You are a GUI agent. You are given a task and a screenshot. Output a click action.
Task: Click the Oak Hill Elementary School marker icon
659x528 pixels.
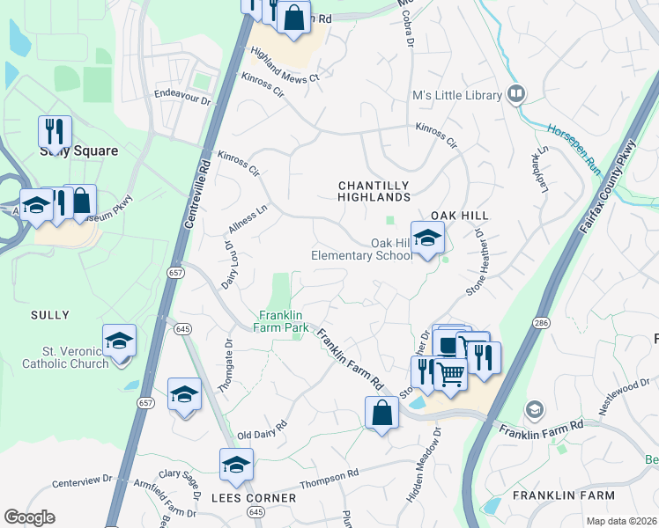point(427,238)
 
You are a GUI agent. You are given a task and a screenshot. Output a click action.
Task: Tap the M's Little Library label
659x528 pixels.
point(456,96)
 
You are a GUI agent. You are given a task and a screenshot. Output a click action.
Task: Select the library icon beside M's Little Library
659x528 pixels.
point(516,93)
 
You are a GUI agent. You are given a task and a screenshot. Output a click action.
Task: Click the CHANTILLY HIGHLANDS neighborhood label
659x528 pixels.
point(375,191)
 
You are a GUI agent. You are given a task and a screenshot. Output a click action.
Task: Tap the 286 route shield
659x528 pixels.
point(541,324)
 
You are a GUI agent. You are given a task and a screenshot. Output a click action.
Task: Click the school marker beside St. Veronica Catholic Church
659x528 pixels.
point(119,341)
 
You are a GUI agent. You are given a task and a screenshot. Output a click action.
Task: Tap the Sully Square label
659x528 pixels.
point(79,150)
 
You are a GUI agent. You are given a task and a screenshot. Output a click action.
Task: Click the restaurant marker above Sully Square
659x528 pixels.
point(55,131)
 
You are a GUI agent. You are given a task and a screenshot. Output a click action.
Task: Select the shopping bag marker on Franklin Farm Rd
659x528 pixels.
point(381,413)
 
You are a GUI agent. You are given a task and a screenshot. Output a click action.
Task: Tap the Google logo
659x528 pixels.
point(30,517)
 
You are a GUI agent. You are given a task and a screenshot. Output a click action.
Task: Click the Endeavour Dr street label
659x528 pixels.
point(183,95)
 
